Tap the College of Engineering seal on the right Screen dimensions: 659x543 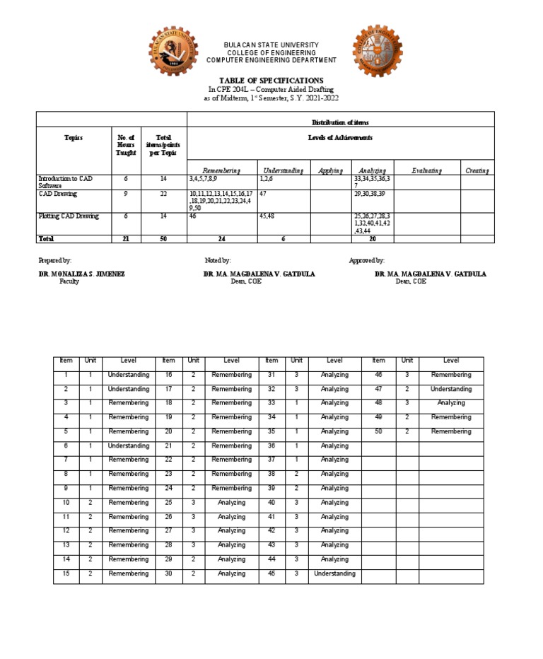coord(378,55)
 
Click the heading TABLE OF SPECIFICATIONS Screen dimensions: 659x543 coord(271,81)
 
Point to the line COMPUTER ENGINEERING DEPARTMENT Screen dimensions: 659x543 coord(271,60)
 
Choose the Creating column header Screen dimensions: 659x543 coord(477,170)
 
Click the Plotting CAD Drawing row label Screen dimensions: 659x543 coord(69,216)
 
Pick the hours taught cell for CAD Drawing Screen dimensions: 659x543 coord(125,193)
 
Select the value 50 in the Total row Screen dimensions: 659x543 coord(163,239)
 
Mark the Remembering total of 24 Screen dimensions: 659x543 coord(221,239)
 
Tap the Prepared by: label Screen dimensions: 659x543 coord(55,261)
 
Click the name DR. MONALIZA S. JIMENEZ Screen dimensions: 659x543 coord(81,274)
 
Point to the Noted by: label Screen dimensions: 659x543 coord(218,261)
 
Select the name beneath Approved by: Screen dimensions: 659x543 coord(430,274)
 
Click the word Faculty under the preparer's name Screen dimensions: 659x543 coord(69,281)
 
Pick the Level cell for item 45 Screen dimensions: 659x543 coord(334,573)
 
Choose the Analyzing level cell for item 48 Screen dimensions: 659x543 coord(451,403)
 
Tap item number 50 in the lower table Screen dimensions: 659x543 coord(378,431)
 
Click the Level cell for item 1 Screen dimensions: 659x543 coord(128,375)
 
